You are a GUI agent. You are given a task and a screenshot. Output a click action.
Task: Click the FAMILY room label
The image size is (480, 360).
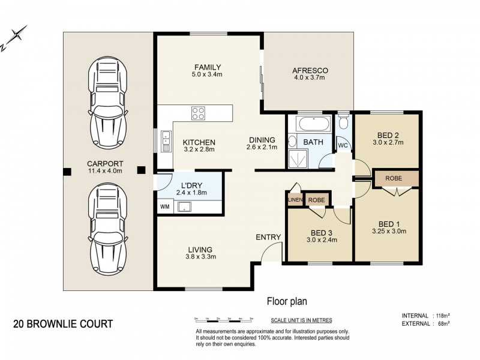pos(208,67)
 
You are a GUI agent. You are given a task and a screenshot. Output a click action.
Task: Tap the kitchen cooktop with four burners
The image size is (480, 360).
pos(198,113)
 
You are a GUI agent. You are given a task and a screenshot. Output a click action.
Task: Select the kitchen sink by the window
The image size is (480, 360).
pos(166,141)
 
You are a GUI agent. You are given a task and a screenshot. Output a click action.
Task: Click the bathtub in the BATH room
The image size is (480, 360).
pos(314,124)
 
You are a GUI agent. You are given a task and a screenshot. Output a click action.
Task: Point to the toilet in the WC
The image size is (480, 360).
pos(343,122)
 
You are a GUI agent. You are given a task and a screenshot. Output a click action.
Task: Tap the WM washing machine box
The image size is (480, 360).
pos(164,206)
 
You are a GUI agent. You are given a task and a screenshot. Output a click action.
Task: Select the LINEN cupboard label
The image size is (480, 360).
pos(295,200)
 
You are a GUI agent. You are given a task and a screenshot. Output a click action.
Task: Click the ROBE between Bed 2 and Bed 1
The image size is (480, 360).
pos(394,178)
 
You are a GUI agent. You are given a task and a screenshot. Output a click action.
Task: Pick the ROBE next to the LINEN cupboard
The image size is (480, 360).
pos(317,200)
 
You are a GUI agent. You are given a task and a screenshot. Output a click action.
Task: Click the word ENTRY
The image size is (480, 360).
pos(268,237)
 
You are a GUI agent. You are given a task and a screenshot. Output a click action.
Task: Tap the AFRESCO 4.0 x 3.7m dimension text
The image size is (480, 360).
pos(310,77)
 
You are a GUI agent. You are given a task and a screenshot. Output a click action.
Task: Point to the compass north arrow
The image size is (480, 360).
pos(14,38)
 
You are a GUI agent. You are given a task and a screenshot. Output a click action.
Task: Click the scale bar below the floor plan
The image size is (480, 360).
pos(224,320)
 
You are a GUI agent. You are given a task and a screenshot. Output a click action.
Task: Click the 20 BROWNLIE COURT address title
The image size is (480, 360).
pos(63,324)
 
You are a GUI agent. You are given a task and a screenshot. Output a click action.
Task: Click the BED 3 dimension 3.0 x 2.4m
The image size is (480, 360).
pos(322,240)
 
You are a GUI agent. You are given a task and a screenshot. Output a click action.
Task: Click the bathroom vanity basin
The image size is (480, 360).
pos(292,142)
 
